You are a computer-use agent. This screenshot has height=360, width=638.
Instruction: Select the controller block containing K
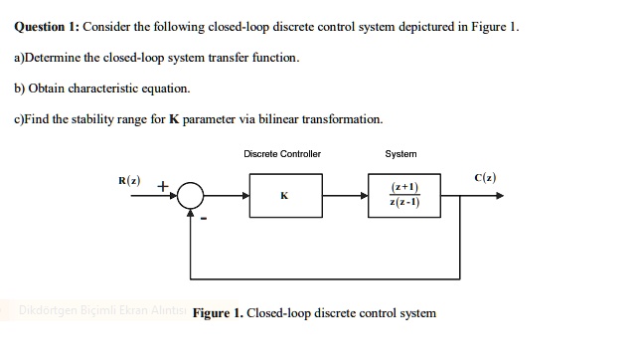[x=284, y=196]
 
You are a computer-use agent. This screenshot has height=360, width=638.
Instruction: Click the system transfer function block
[x=406, y=196]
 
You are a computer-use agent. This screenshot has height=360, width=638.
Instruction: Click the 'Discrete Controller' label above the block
[x=282, y=154]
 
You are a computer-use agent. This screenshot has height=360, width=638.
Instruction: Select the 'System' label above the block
[x=400, y=154]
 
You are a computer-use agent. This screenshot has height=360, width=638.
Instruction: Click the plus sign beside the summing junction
[x=163, y=185]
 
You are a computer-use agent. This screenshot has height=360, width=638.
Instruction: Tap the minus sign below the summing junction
[x=205, y=220]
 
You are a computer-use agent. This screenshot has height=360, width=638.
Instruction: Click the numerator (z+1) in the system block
[x=405, y=187]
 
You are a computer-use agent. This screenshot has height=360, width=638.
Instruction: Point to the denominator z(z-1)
[x=405, y=203]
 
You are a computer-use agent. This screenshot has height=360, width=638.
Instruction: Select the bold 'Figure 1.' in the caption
[x=218, y=313]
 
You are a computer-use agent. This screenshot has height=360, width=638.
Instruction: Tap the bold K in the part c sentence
[x=174, y=119]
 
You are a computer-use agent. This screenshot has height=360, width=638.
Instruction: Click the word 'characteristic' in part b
[x=105, y=89]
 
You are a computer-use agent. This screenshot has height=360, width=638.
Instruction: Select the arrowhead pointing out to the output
[x=499, y=196]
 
